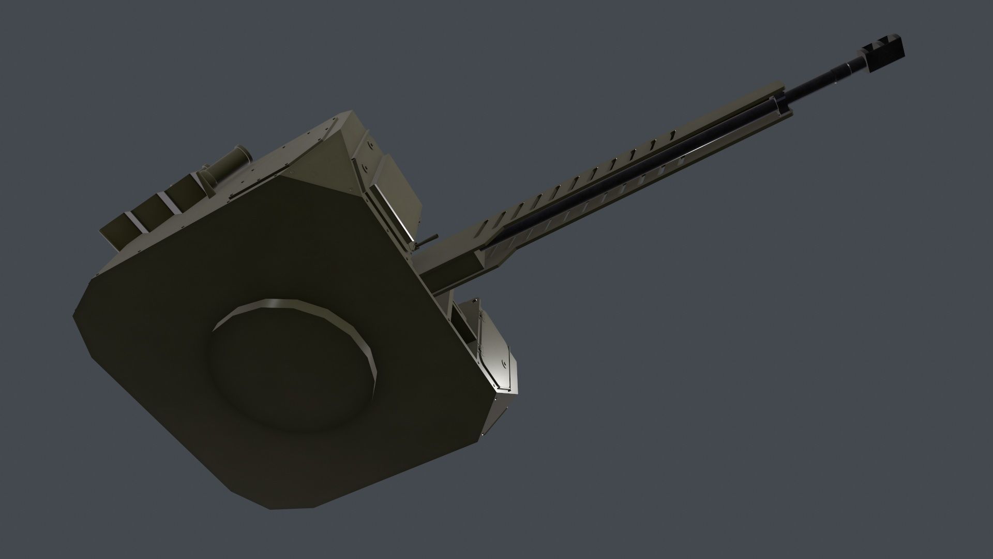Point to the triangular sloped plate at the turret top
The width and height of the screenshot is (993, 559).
331,155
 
